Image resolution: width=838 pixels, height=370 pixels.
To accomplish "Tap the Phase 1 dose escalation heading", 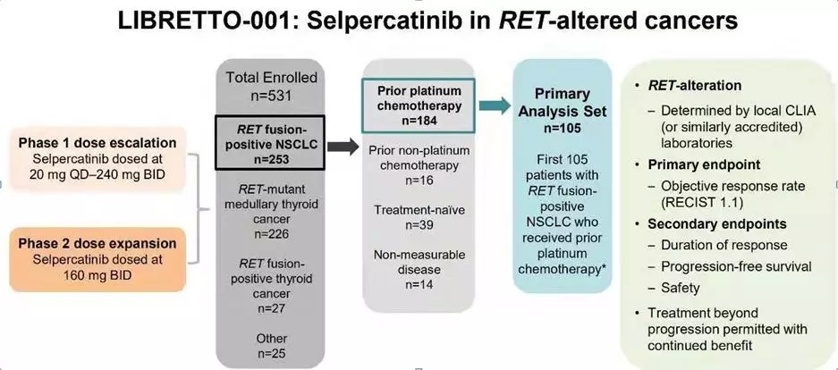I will (x=99, y=143).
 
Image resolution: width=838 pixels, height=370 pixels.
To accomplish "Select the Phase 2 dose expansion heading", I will (x=99, y=244).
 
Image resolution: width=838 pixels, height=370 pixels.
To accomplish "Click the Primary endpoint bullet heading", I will (x=705, y=165).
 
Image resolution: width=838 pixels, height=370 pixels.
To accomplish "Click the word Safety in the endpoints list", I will (x=681, y=288).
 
